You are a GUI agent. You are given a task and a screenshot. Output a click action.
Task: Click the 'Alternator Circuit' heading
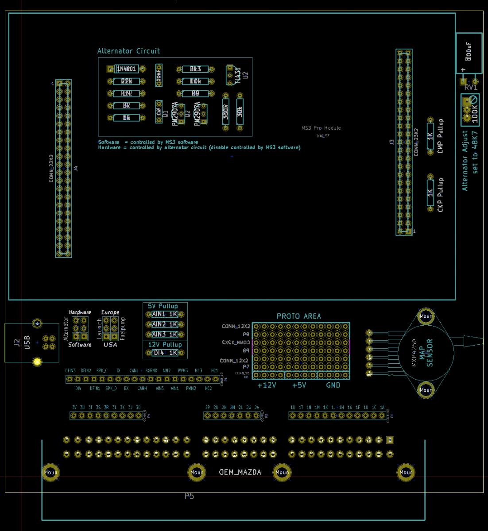[x=128, y=51]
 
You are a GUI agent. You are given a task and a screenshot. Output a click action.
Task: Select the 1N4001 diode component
[x=126, y=69]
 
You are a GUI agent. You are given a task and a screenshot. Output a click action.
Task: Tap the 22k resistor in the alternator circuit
[x=126, y=81]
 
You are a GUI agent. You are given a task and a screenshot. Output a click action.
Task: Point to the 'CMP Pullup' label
[x=440, y=136]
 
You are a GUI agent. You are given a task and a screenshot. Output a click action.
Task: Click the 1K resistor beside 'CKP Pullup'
[x=430, y=193]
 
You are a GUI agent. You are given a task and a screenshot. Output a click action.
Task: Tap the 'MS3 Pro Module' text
[x=321, y=128]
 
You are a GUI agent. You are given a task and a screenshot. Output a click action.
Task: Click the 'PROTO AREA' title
[x=299, y=316]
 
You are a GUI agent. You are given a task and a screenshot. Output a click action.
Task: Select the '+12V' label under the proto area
[x=267, y=385]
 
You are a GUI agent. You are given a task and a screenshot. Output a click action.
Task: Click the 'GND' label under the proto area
[x=333, y=385]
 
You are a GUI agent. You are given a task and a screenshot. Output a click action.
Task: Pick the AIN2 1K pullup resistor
[x=164, y=324]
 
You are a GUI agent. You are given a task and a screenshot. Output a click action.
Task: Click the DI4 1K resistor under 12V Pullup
[x=164, y=353]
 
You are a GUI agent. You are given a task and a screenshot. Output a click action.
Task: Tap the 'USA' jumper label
[x=110, y=345]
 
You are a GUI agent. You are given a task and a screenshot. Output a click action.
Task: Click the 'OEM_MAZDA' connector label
[x=240, y=472]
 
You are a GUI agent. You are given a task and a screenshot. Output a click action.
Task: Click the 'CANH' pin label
[x=142, y=389]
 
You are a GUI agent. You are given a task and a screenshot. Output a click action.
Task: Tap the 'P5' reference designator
[x=189, y=496]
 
